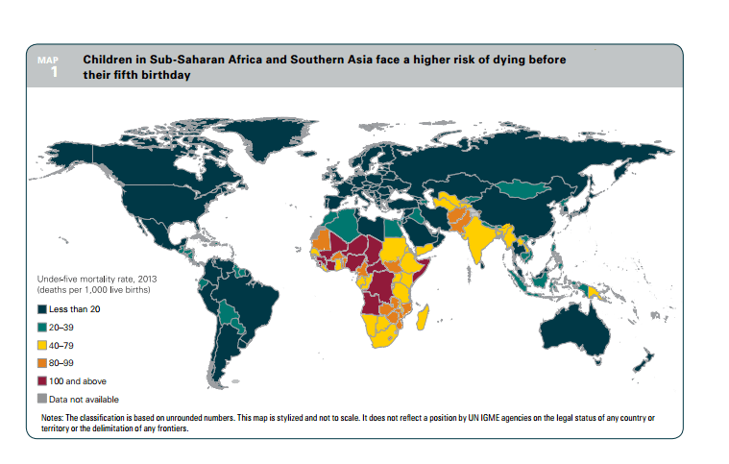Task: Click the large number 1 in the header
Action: pos(53,71)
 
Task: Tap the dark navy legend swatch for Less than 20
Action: pos(42,309)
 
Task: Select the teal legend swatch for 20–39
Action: pos(42,327)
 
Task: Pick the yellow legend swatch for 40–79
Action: pos(42,345)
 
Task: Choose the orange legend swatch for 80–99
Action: pos(42,362)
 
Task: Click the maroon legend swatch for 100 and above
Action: pos(42,380)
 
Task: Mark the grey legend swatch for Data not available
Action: pos(42,398)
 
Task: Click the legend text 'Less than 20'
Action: pos(76,309)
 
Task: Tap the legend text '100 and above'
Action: pos(80,380)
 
